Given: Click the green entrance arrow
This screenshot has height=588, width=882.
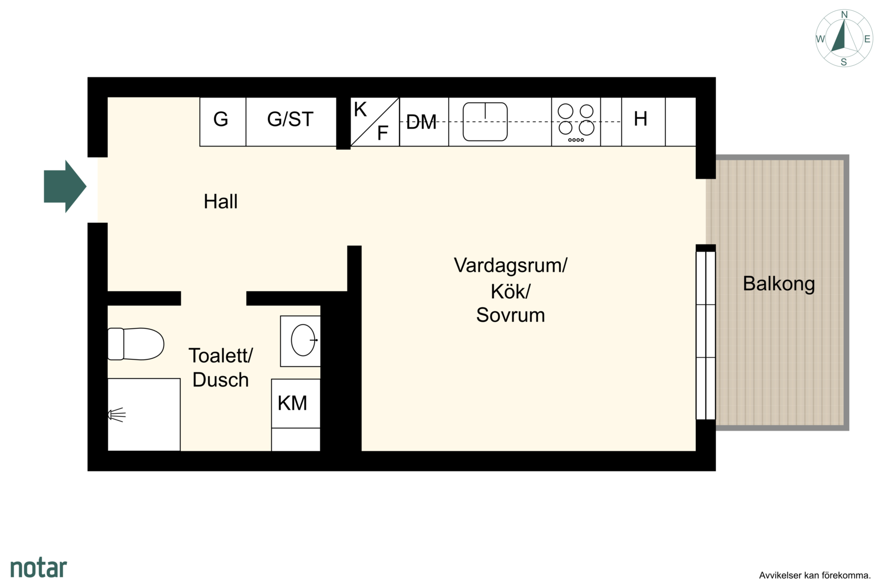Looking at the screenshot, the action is click(x=65, y=186).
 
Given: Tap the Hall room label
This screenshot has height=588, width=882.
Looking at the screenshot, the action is click(x=220, y=201).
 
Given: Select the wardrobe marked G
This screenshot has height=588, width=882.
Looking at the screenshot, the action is click(x=223, y=122).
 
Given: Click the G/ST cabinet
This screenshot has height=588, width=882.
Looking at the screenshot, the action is click(x=291, y=122).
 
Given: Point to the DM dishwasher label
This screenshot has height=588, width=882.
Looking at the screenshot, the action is click(x=421, y=122).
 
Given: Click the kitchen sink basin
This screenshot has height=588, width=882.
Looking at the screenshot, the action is click(x=485, y=122).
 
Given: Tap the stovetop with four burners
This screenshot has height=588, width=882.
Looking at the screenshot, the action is click(x=576, y=122).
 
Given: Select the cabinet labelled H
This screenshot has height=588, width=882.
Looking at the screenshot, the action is click(x=644, y=122).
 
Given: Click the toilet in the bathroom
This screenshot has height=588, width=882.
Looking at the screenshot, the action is click(x=136, y=344).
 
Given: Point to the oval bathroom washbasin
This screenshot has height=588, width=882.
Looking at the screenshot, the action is click(x=303, y=340).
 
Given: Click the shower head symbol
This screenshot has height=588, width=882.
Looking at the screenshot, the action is click(x=117, y=415).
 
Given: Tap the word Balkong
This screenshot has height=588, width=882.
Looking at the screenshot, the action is click(x=779, y=284).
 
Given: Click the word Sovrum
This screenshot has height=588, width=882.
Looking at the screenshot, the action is click(x=511, y=315).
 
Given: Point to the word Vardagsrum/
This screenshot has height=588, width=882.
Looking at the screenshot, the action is click(x=511, y=265).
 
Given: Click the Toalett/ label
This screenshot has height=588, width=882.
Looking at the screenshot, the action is click(x=221, y=356).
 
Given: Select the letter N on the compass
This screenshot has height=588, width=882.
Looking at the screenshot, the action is click(x=844, y=15).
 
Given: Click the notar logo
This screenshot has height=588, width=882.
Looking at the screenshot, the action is click(x=39, y=568).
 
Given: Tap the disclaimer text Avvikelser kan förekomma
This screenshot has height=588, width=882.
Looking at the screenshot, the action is click(x=814, y=575).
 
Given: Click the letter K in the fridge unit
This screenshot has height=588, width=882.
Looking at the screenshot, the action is click(x=360, y=109).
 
